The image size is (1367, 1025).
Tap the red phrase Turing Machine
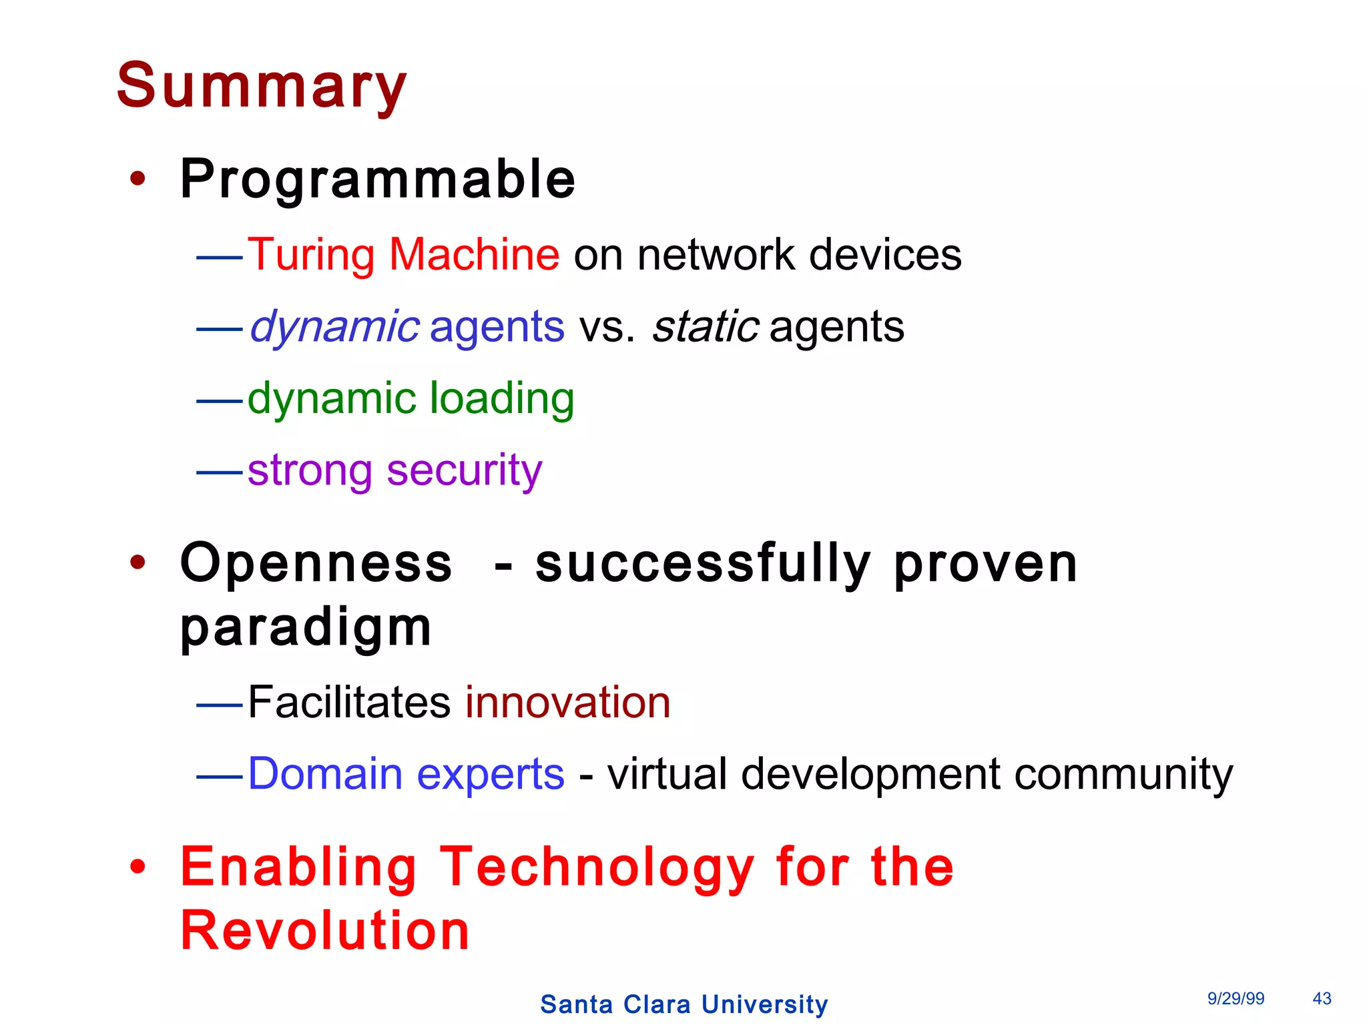coord(404,254)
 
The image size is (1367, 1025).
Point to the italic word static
coord(706,327)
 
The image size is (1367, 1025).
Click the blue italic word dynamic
coord(334,327)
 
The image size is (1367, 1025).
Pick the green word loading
coord(501,398)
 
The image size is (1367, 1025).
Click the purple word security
coord(465,470)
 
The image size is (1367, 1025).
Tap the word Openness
coord(316,563)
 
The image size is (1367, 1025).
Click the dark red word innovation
coord(568,702)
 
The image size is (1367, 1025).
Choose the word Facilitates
coord(349,702)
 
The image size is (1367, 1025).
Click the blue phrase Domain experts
coord(406,774)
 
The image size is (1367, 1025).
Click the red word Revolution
coord(325,930)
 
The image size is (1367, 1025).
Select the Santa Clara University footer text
coord(684,1004)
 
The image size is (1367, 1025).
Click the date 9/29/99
coord(1236,998)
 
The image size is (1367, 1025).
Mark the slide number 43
coord(1322,998)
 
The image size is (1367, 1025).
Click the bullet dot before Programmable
coord(138,179)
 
